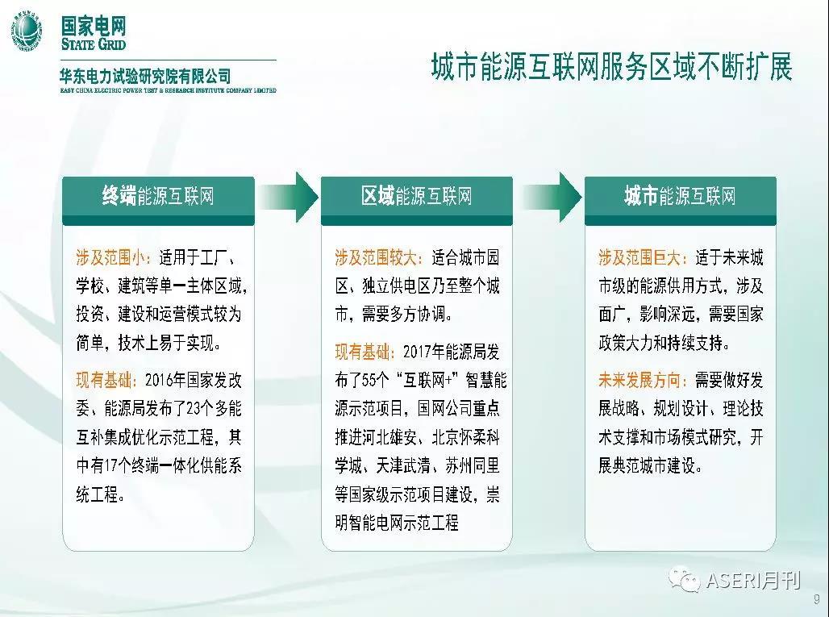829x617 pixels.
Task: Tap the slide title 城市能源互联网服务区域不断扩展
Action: (x=612, y=67)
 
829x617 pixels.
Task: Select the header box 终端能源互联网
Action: (x=158, y=200)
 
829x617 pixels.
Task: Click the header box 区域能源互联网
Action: (x=417, y=200)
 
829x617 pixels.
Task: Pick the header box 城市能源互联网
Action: (x=681, y=200)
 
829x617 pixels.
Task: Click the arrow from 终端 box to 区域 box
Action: (x=288, y=197)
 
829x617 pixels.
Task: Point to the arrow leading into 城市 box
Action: (x=552, y=197)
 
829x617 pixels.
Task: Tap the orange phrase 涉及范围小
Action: (x=110, y=257)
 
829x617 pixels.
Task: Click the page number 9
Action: (x=817, y=599)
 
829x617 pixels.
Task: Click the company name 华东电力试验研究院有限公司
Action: (x=146, y=77)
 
